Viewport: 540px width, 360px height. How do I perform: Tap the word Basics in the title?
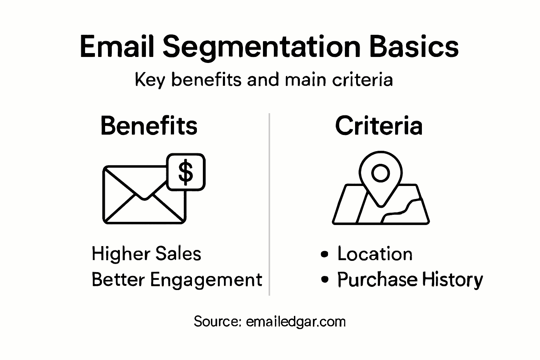[x=414, y=47]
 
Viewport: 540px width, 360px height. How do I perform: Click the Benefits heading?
[x=149, y=126]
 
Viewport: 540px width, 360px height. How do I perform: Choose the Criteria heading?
[x=379, y=126]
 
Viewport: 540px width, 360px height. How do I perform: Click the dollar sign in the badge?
[x=186, y=172]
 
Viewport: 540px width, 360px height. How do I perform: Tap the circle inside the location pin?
[x=380, y=173]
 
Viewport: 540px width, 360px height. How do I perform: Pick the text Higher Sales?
[x=146, y=254]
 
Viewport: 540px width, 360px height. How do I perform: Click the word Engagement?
[x=206, y=280]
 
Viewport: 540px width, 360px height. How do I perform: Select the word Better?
[x=118, y=280]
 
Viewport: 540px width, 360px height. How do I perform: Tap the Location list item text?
[x=375, y=254]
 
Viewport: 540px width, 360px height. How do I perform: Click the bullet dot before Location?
[x=325, y=254]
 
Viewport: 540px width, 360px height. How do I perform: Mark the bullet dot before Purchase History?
[x=325, y=279]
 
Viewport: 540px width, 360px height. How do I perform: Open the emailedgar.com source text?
[x=296, y=322]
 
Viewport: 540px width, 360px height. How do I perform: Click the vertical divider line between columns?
[x=269, y=204]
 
